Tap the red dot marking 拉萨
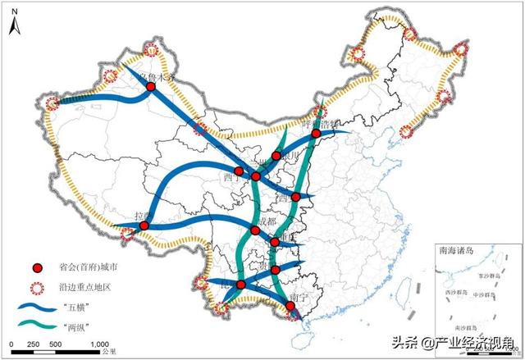pos(144,225)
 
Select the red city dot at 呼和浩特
pos(316,133)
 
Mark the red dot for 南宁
pos(290,307)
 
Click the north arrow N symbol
pos(13,22)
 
